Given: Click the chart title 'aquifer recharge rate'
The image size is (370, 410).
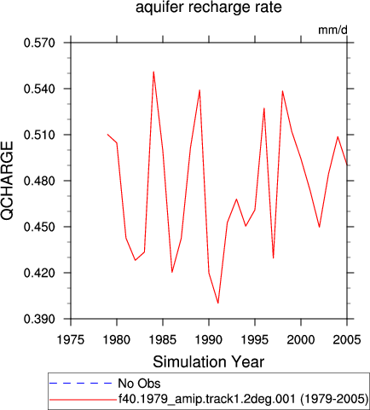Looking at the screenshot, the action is (209, 8).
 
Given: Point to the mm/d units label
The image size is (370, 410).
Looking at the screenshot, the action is (332, 30).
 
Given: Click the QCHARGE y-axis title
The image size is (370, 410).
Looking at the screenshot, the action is (8, 181).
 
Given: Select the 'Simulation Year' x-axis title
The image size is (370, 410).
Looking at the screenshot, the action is (209, 361).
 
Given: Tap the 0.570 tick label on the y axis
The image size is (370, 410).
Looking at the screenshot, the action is (39, 43).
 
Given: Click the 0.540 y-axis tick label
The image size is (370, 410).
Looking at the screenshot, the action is (39, 89).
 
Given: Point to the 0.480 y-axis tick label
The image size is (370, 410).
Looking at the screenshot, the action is (39, 181).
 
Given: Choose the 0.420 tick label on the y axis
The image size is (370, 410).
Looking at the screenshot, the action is (39, 273).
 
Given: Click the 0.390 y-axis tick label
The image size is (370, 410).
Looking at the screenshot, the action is (39, 319).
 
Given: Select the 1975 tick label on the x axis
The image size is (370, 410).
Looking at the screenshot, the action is (71, 339).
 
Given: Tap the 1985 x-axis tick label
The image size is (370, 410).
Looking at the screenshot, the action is (163, 339).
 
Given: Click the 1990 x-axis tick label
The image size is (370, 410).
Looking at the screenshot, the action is (209, 339).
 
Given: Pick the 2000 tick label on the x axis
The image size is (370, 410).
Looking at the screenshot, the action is (301, 339).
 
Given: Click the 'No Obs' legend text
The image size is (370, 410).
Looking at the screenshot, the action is (139, 384).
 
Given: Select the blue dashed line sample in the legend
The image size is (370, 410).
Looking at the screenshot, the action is (81, 384).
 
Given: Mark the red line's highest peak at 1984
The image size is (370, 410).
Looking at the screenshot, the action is (153, 72).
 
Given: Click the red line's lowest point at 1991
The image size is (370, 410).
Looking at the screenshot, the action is (218, 303).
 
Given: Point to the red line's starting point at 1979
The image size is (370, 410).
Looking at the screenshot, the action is (107, 134).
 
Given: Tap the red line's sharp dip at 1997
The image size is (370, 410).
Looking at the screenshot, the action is (274, 258).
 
